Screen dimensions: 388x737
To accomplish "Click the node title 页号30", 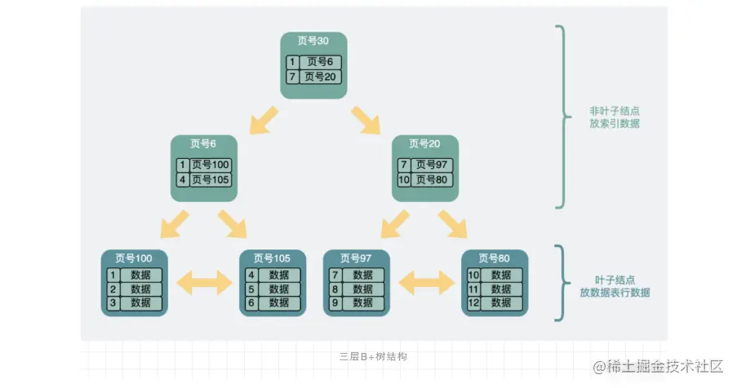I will [x=314, y=42].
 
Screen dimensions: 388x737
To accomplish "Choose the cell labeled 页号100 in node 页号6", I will [x=211, y=165].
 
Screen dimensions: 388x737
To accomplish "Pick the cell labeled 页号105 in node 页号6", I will [x=211, y=179].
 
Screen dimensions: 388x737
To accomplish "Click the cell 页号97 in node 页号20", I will [x=432, y=165].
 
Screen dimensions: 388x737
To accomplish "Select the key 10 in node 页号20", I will [x=404, y=179].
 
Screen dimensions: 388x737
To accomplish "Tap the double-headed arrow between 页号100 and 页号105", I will [x=205, y=283].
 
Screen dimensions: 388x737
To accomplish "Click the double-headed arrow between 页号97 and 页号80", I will [x=426, y=283].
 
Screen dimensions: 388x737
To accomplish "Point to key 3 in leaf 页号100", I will [x=114, y=303].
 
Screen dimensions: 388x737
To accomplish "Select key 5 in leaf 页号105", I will [x=251, y=289].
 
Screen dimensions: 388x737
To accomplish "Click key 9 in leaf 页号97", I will [x=335, y=303].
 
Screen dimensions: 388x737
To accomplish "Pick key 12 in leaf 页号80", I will [x=473, y=303].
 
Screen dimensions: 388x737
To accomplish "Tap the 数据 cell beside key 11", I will [x=501, y=289].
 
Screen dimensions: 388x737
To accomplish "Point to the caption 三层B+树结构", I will [x=373, y=357].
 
